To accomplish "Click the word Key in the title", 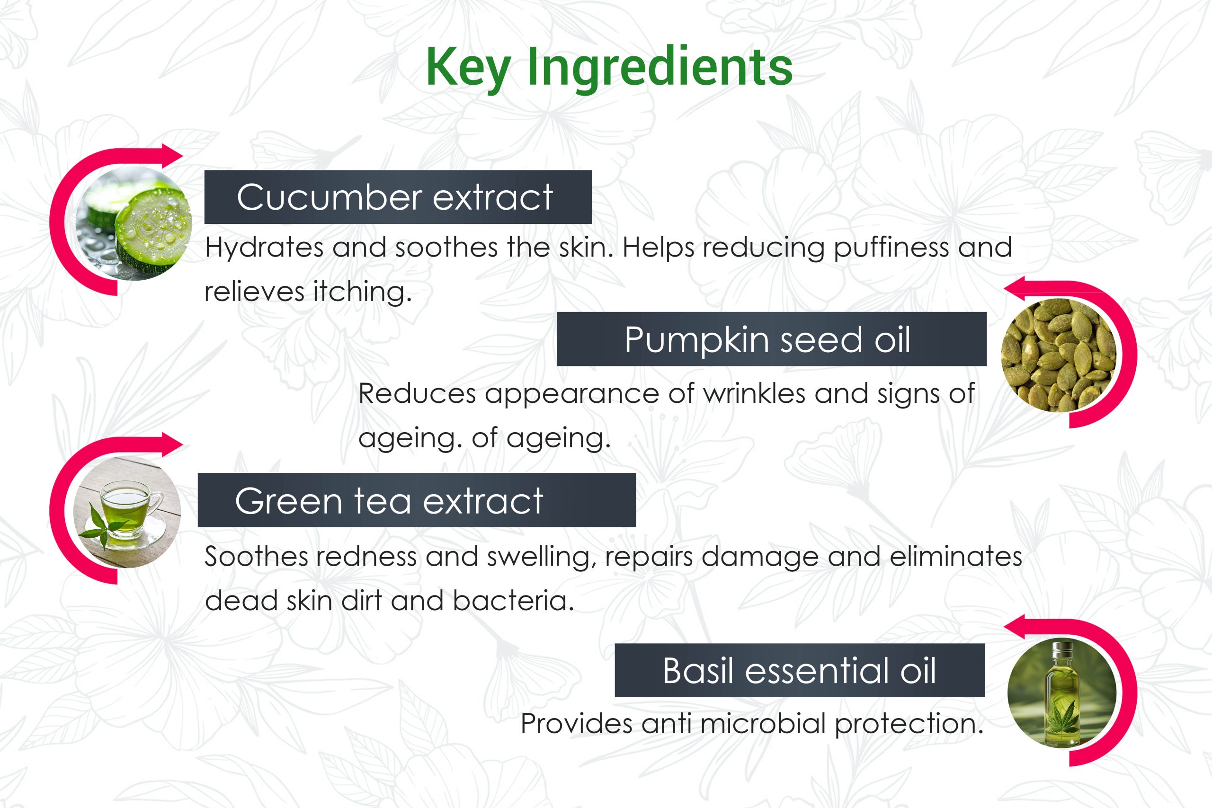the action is point(468,69).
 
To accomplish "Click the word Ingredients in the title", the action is point(659,69).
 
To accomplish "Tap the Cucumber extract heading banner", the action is point(398,197).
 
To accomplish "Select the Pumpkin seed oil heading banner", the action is point(772,339).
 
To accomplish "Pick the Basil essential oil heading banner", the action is point(800,670).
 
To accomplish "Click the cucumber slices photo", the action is point(134,223).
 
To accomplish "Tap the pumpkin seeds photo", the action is point(1059,355).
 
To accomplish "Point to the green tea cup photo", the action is point(127,512).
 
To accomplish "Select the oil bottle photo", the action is point(1062,693).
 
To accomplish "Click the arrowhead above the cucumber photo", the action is point(171,155).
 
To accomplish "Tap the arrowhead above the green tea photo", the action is point(171,444).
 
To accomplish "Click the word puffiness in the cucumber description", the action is point(891,248).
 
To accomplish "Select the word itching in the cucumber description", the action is point(362,292).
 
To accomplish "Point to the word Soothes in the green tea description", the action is point(256,557).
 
